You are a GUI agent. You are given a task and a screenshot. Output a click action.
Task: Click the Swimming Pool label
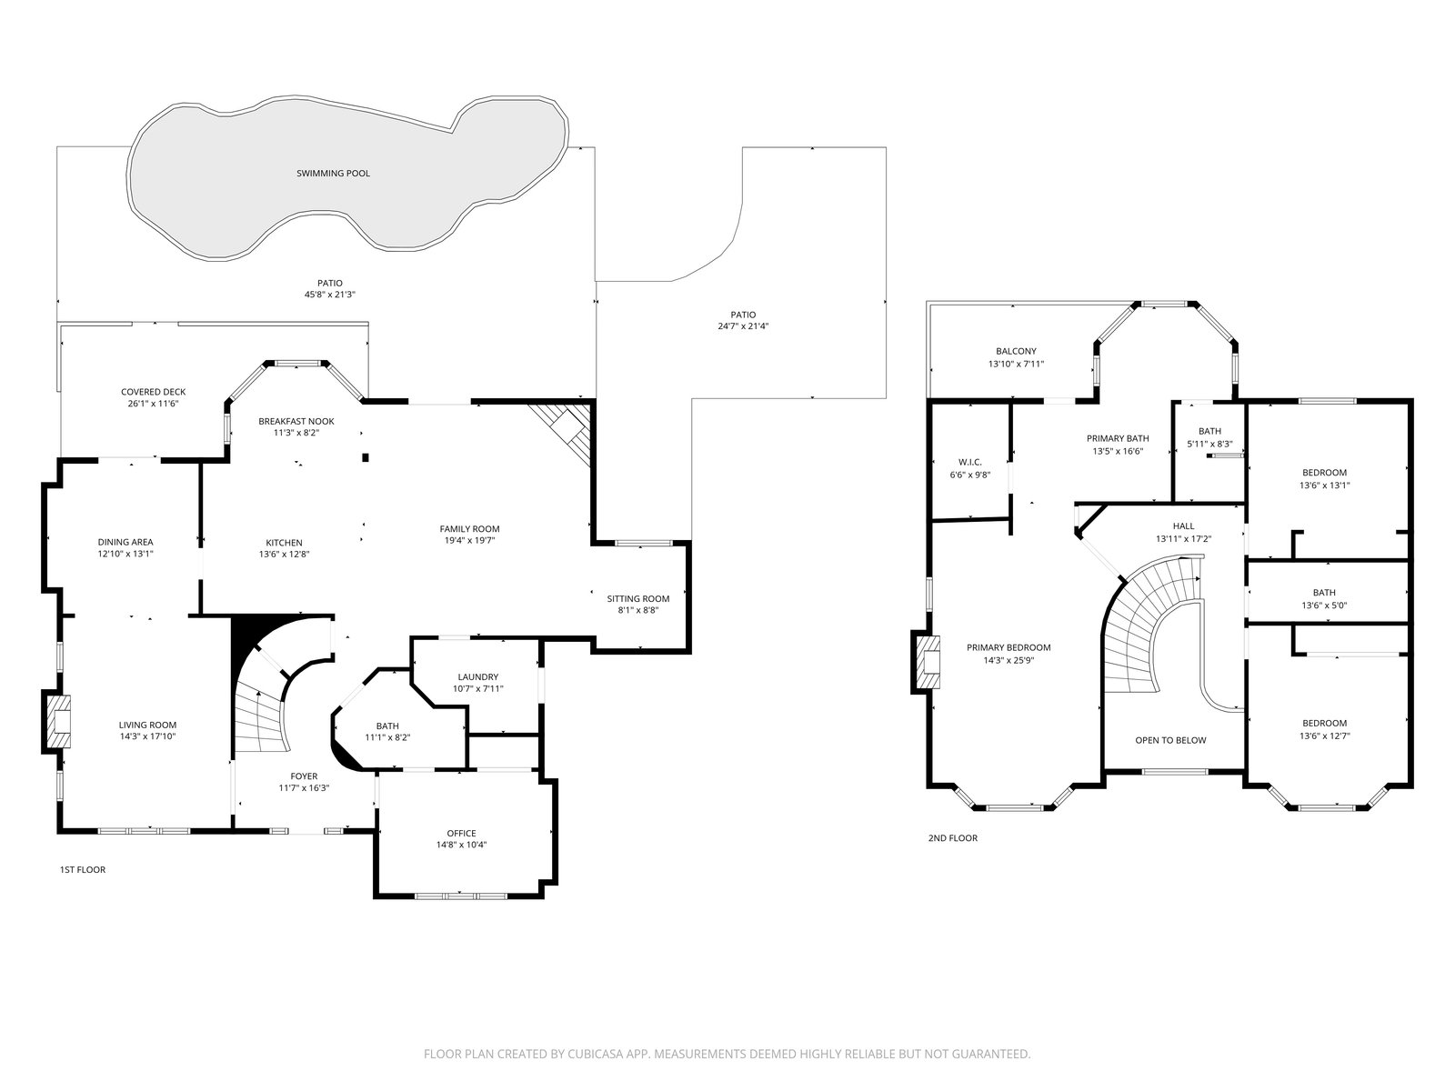click(333, 174)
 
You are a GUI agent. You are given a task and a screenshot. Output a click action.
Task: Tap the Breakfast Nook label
click(296, 421)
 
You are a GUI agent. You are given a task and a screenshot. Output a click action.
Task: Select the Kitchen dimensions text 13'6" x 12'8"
click(285, 555)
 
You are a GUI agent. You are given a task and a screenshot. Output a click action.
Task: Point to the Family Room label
click(469, 528)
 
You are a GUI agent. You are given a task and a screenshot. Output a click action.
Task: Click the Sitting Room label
click(638, 599)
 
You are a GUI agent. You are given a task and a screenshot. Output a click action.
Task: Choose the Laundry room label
click(478, 677)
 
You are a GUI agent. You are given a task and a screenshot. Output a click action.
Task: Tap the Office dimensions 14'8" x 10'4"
click(461, 845)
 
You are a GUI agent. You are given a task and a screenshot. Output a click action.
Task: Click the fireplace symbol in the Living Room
click(57, 721)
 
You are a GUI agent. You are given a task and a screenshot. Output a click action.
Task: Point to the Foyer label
click(305, 776)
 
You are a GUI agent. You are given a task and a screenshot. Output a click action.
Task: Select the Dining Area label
click(125, 542)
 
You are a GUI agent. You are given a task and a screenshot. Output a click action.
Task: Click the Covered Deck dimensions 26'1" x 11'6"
click(153, 404)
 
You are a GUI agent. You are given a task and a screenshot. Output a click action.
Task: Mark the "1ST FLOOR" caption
click(83, 870)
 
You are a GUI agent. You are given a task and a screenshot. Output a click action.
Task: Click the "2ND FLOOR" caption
click(952, 838)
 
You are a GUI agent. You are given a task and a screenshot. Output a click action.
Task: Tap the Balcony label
click(1016, 351)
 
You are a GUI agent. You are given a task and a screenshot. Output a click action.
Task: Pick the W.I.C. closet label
click(970, 463)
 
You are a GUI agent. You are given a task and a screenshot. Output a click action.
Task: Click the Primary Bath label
click(1118, 438)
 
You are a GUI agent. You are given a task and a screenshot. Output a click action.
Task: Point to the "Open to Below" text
click(1170, 741)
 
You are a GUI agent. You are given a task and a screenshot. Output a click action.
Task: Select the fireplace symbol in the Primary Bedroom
click(927, 663)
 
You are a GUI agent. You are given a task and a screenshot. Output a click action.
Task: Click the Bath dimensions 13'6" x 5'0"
click(1324, 605)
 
